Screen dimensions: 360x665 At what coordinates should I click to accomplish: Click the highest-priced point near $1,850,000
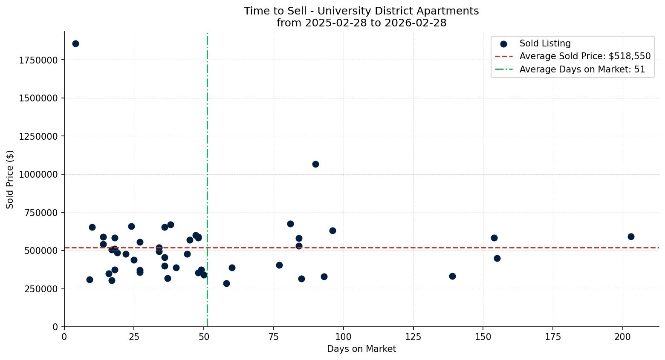[x=75, y=43]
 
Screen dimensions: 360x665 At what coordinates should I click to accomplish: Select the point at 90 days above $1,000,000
[x=315, y=164]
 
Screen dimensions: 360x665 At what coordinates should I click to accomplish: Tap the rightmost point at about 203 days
[x=631, y=236]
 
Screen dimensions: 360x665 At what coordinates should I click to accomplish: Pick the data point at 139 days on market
[x=452, y=276]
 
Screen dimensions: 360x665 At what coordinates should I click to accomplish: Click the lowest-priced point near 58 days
[x=226, y=283]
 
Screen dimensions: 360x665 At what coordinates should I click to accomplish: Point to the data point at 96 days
[x=332, y=230]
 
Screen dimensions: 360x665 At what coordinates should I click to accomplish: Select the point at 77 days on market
[x=279, y=265]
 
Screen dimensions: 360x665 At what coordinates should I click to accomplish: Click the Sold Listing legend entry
[x=545, y=43]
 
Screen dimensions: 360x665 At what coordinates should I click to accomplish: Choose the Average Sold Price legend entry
[x=585, y=56]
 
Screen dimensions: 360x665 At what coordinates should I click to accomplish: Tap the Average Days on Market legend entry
[x=582, y=69]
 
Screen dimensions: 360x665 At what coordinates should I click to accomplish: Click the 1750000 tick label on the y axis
[x=38, y=60]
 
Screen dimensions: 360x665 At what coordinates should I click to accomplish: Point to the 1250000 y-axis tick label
[x=38, y=136]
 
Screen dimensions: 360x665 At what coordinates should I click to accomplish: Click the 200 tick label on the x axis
[x=622, y=337]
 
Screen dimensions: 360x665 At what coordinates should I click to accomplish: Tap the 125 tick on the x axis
[x=413, y=337]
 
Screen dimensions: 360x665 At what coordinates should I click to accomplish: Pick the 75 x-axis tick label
[x=274, y=337]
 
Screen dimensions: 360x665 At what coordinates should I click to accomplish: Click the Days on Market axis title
[x=361, y=349]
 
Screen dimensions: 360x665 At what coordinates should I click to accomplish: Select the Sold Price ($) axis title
[x=10, y=179]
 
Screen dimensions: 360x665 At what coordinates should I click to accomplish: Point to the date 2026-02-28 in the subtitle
[x=415, y=23]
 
